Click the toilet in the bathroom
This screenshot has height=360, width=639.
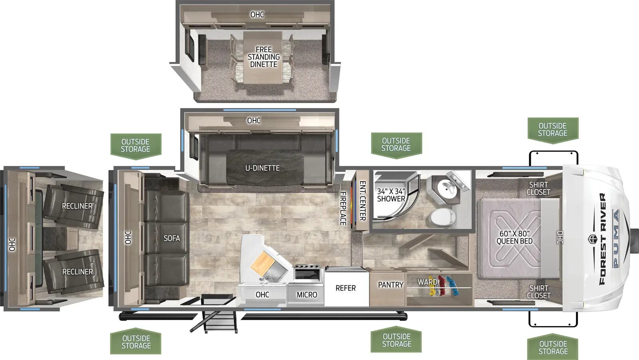pos(442,217)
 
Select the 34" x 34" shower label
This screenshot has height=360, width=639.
pos(391,195)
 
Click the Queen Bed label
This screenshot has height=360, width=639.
pos(514,237)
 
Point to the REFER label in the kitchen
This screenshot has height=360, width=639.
pos(345,288)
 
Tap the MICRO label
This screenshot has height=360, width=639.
pos(307,295)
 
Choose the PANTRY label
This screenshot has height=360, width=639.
pos(391,284)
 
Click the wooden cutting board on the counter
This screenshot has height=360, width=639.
pos(263,263)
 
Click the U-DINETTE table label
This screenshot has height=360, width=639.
pos(262,168)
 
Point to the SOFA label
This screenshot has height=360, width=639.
pos(171,238)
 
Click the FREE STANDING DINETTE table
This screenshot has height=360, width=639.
pos(263,57)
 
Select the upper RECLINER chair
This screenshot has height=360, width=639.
pos(73,206)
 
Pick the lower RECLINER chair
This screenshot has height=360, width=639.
pos(73,272)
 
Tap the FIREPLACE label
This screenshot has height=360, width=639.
pos(343,208)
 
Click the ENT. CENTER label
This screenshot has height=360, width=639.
pos(363,201)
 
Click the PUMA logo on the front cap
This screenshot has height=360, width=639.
pos(616,238)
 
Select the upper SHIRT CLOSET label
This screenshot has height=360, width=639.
pos(538,188)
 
